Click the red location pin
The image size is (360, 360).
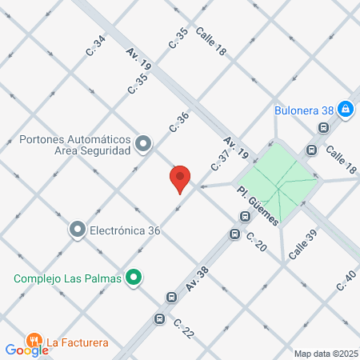click(x=180, y=178)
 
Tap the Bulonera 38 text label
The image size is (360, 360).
click(x=302, y=110)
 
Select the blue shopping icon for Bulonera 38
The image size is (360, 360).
click(x=345, y=109)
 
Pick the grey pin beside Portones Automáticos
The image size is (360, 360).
click(x=143, y=144)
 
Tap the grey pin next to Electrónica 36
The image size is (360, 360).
click(x=78, y=230)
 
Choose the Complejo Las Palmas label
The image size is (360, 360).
click(x=67, y=278)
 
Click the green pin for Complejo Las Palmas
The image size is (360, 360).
click(x=134, y=278)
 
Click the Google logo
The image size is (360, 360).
click(x=26, y=350)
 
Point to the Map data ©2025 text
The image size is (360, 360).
click(x=326, y=354)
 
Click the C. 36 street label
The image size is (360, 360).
click(x=178, y=122)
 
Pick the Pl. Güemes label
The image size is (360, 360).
click(x=258, y=205)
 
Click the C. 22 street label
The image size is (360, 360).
click(x=183, y=328)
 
